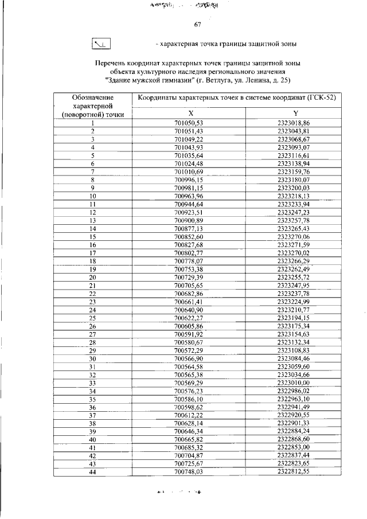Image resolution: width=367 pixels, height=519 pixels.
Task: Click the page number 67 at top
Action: click(x=197, y=25)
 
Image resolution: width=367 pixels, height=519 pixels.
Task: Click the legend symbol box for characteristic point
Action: click(x=101, y=44)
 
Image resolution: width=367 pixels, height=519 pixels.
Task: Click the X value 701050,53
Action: click(x=189, y=123)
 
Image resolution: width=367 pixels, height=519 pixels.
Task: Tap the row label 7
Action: click(x=92, y=171)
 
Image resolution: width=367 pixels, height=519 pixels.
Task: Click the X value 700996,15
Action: click(x=189, y=179)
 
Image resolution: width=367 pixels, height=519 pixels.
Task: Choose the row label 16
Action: click(x=92, y=244)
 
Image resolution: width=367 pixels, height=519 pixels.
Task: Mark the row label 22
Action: click(x=92, y=293)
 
